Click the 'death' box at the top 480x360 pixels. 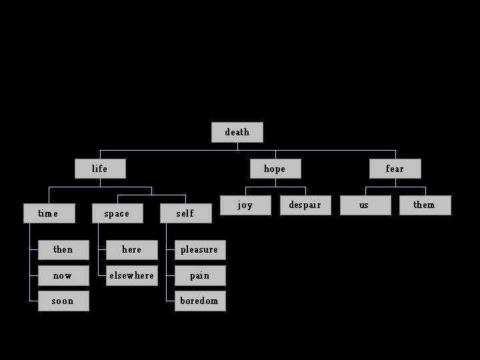coord(237,132)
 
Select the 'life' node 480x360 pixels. coord(99,169)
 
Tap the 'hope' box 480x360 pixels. coord(275,169)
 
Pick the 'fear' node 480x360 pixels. coord(395,169)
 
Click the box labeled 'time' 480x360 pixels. coord(49,213)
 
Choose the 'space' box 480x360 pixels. coord(117,213)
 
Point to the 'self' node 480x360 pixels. coord(185,213)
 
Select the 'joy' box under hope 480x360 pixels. coord(245,205)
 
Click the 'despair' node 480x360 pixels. coord(305,205)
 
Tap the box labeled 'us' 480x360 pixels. coord(365,205)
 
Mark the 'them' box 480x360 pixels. coord(425,205)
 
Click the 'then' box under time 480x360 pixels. coord(63,250)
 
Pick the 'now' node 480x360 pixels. coord(63,275)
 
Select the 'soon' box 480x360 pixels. coord(63,301)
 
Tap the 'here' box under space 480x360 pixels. coord(131,250)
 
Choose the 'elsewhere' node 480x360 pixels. coord(131,275)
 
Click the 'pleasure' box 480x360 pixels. coord(199,250)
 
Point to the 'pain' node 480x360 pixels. coord(199,275)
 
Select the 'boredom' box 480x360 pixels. coord(199,301)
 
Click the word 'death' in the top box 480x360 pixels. coord(237,132)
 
